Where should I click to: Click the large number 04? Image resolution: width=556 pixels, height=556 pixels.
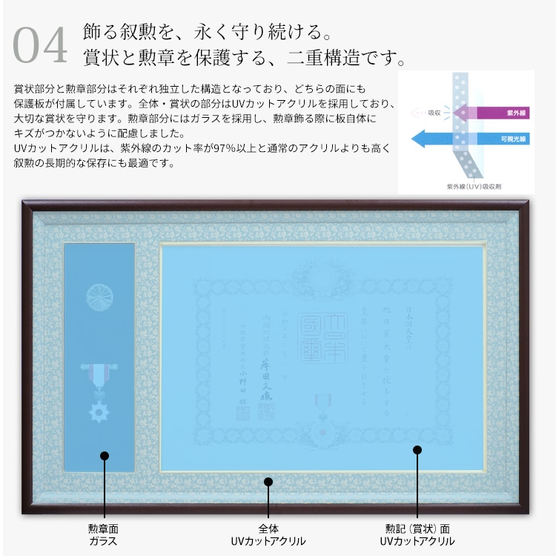tap(41, 46)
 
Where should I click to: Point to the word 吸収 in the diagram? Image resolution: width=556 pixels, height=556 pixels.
tap(434, 113)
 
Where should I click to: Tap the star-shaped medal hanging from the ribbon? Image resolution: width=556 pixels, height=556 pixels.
tap(98, 409)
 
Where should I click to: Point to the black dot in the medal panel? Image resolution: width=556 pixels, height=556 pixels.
tap(104, 456)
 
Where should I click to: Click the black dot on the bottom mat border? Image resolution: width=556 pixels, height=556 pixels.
tap(268, 482)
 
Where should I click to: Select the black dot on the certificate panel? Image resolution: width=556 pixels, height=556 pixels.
tap(417, 450)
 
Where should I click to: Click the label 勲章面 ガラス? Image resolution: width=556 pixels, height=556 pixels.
tap(104, 535)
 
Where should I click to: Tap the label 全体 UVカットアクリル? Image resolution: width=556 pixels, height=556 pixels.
tap(268, 535)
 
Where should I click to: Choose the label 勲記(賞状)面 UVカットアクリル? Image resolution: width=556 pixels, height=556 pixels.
tap(417, 535)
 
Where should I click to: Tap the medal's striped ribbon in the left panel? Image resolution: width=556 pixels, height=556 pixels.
tap(97, 374)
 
